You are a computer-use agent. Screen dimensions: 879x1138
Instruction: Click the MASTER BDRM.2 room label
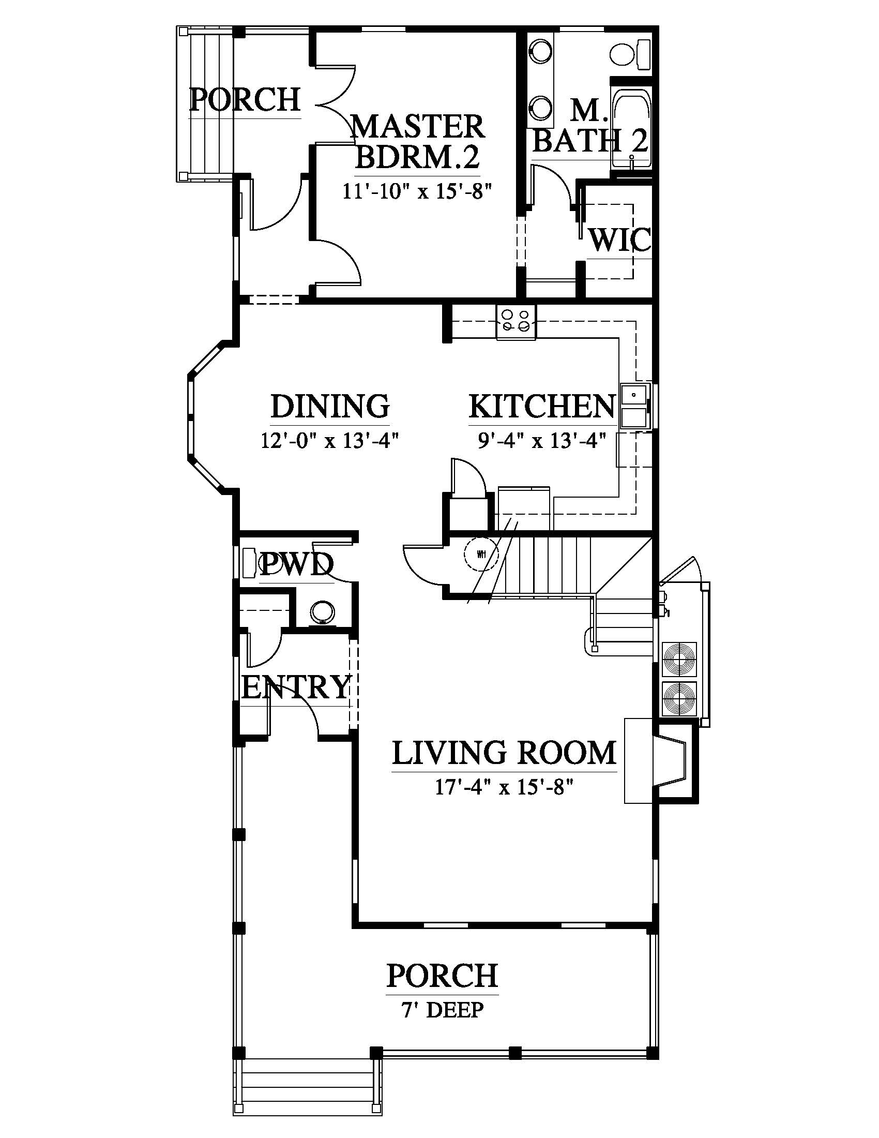point(417,142)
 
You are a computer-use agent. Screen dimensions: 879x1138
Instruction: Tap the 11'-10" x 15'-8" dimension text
point(417,192)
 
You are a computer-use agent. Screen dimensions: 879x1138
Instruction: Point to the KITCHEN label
point(542,407)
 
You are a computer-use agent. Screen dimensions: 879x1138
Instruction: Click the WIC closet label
point(619,239)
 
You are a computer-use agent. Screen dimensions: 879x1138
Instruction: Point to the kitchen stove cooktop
point(516,321)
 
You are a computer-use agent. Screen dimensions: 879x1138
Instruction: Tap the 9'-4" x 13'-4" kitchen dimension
point(542,441)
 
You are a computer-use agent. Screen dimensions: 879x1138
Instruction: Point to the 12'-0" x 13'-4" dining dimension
point(330,441)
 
